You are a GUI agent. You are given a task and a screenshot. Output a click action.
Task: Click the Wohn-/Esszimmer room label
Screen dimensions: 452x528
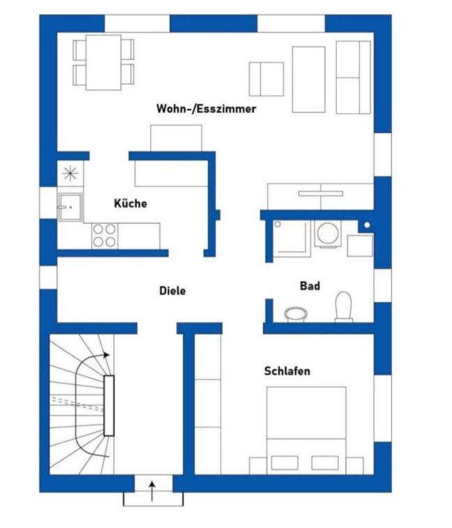point(206,109)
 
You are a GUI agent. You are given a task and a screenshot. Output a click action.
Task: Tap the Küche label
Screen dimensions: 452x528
point(130,203)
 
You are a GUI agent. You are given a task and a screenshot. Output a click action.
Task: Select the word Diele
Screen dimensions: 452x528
point(172,291)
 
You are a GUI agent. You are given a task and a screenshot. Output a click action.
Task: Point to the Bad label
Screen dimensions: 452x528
point(310,286)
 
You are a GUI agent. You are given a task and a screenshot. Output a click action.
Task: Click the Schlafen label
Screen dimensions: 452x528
point(287,371)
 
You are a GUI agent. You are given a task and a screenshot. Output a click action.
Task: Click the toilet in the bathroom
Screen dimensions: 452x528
point(344,306)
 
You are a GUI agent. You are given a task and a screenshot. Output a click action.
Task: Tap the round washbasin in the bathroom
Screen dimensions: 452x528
point(296,314)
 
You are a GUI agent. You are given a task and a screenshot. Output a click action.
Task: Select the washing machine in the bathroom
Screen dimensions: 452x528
point(328,234)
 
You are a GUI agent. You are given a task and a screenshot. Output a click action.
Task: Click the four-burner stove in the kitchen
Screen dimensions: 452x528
point(105,236)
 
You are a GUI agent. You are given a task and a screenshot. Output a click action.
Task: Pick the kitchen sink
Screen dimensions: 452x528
point(70,206)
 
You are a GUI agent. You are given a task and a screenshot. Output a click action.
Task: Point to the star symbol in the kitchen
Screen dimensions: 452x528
point(70,174)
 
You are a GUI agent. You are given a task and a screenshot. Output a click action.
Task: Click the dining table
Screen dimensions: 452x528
point(103,63)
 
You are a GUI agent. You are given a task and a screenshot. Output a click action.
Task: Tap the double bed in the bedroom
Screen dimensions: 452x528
point(306,430)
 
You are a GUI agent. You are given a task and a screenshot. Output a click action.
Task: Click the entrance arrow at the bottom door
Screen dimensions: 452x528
point(153,491)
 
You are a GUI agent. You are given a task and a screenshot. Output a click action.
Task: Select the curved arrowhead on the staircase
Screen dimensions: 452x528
point(106,355)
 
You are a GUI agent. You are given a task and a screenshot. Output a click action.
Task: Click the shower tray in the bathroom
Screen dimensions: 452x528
point(292,239)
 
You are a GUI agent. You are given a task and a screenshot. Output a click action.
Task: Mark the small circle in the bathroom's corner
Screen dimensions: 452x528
point(367,225)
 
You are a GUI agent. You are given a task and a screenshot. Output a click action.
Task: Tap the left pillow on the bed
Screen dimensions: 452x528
point(285,462)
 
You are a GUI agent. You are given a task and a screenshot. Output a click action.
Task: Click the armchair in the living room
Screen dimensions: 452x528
point(266,79)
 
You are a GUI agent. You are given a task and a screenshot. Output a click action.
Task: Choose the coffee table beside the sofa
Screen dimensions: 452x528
point(308,80)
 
